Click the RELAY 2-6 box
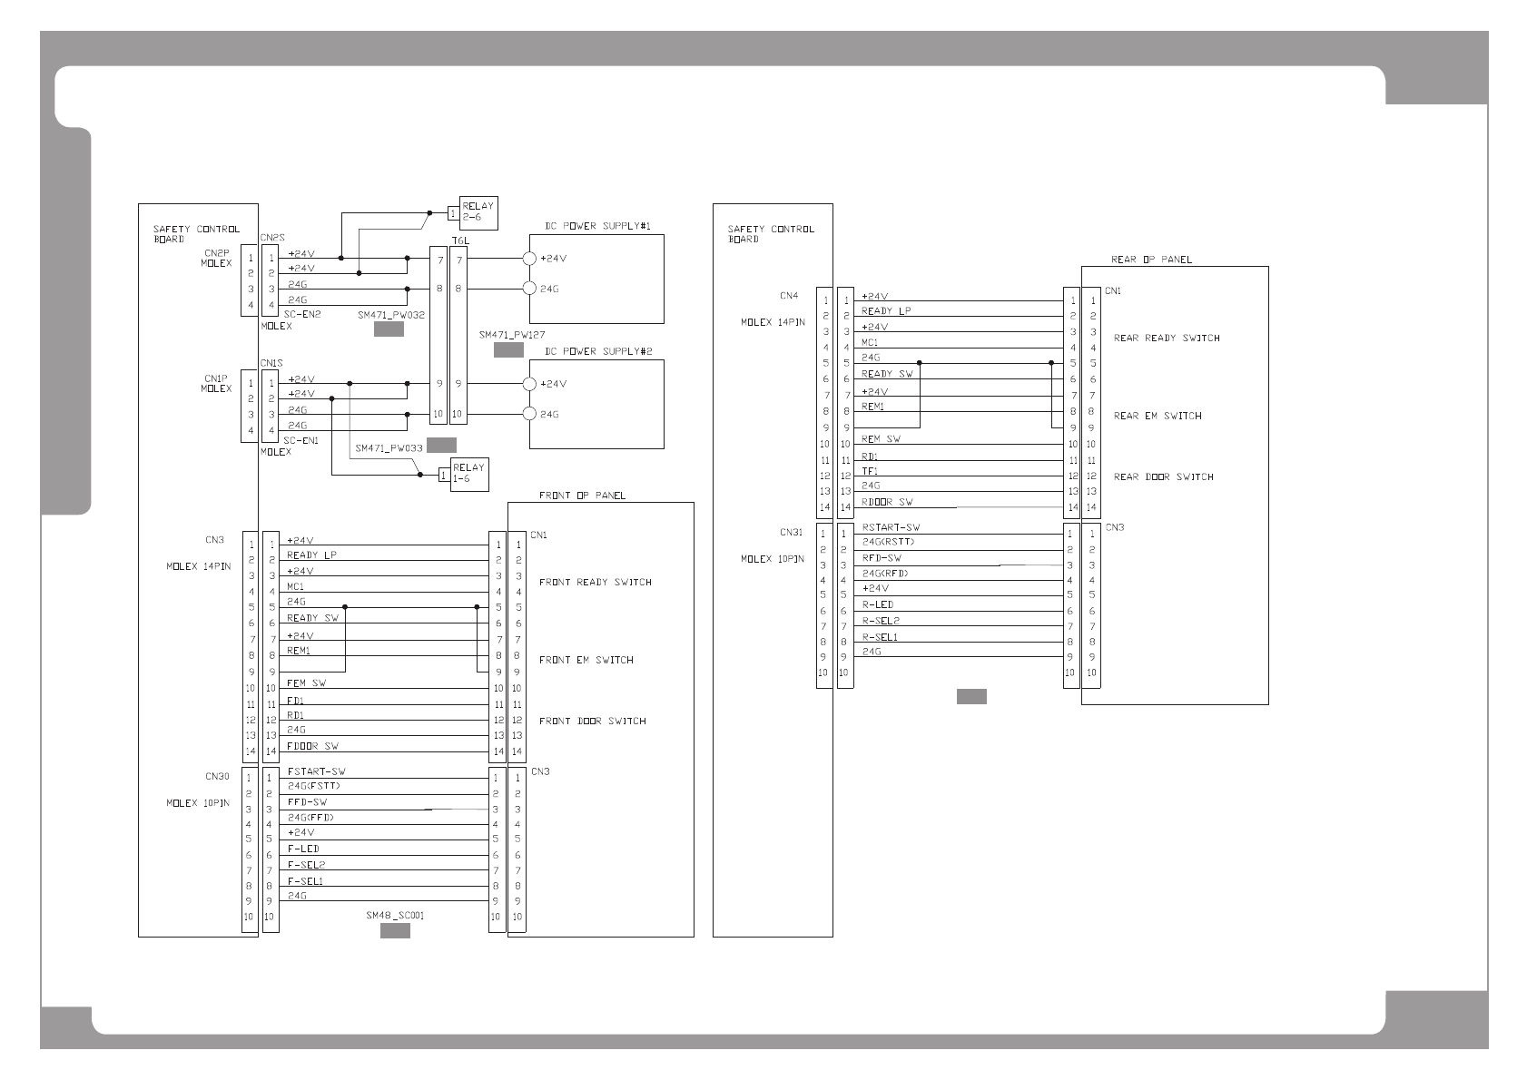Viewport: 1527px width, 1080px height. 478,211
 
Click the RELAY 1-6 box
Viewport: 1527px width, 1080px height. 468,473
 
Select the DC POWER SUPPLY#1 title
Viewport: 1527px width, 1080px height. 597,226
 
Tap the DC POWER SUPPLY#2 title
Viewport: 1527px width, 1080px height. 597,351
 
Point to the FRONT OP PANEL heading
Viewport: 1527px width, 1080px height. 582,496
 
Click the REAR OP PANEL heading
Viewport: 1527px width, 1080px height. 1151,260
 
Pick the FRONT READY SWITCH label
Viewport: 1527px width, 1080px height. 595,582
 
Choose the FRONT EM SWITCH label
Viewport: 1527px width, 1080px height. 586,660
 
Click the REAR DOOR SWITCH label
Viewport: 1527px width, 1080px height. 1163,476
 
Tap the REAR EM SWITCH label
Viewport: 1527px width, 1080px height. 1157,416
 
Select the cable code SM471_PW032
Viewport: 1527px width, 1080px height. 390,315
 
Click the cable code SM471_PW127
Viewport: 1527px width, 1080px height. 512,335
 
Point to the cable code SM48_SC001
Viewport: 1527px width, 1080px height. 395,915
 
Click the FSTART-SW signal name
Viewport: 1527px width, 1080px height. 316,771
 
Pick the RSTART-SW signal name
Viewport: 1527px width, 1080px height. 891,527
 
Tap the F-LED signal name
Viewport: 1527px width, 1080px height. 303,849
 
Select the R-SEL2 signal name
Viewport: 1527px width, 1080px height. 880,621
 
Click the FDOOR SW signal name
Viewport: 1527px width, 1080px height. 312,746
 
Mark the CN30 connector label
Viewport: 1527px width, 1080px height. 217,777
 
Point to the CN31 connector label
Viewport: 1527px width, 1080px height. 791,533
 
